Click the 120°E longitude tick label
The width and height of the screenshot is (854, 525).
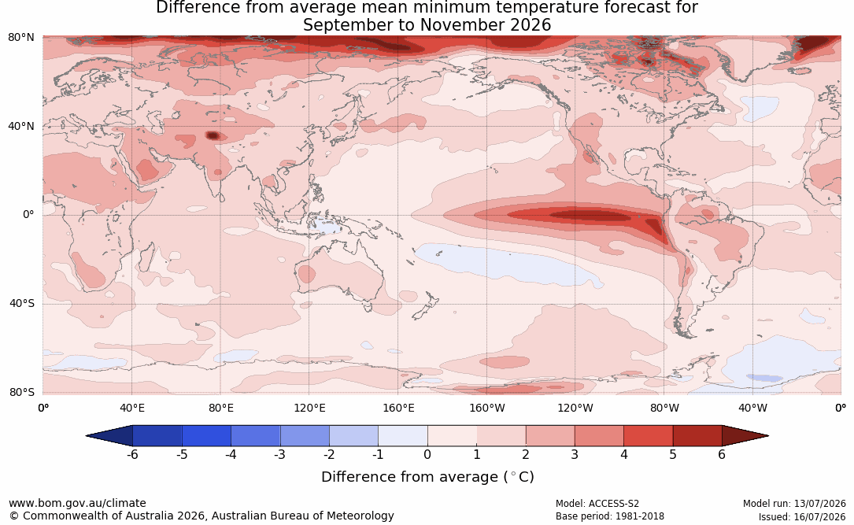pos(309,408)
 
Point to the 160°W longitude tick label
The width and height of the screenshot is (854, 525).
pos(487,408)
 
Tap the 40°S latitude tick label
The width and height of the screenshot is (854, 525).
pos(22,303)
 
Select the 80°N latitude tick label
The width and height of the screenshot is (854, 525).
pos(22,38)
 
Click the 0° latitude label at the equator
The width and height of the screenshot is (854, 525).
pos(28,215)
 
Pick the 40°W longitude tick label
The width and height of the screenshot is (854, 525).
pos(752,408)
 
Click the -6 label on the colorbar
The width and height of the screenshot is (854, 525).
pos(132,454)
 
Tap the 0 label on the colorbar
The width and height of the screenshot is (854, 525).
pos(427,454)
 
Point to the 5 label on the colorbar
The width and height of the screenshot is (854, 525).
pos(673,454)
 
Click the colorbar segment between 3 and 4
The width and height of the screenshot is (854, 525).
pos(599,436)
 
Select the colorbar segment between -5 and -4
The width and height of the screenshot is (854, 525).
pos(206,436)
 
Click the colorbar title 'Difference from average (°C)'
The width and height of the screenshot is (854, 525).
pos(427,477)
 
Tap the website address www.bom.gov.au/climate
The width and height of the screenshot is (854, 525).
pos(77,503)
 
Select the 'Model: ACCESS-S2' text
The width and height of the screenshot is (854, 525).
pos(597,504)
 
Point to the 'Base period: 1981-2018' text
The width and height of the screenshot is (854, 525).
pos(610,516)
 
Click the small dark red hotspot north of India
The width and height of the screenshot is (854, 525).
pos(213,135)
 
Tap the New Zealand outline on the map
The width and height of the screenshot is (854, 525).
pos(425,305)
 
